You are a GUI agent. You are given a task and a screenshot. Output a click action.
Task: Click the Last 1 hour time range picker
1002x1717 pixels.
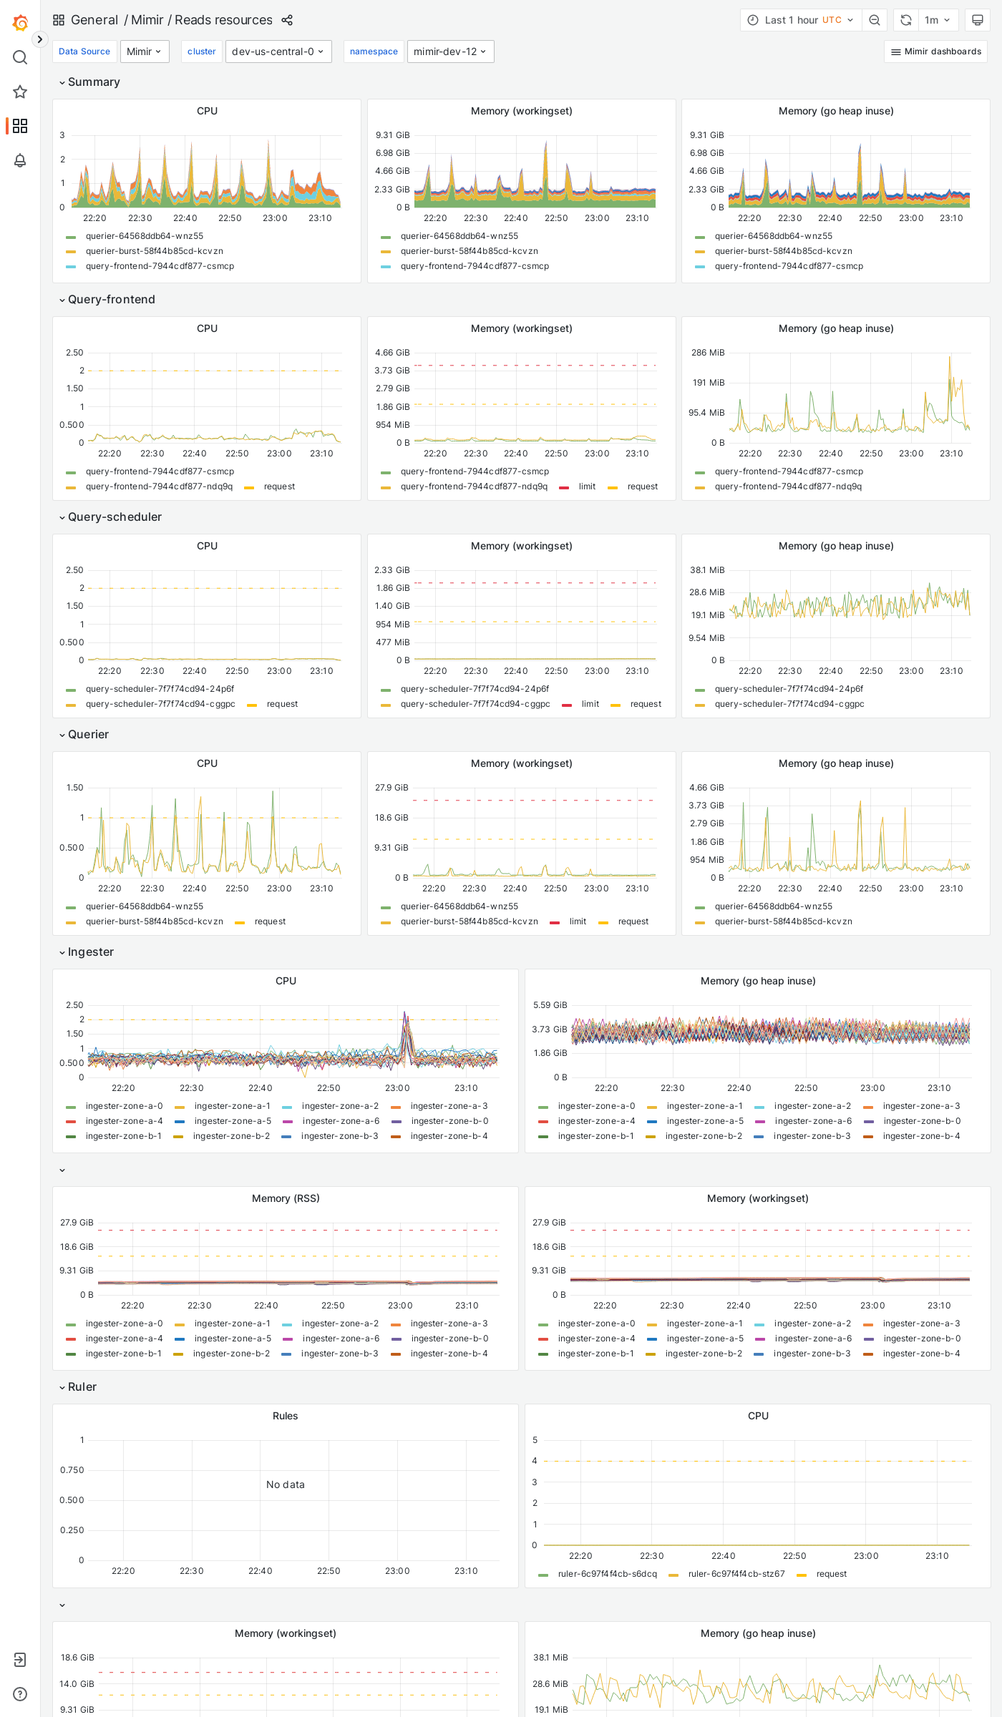800,20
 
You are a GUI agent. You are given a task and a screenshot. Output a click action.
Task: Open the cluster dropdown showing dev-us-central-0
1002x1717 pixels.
278,52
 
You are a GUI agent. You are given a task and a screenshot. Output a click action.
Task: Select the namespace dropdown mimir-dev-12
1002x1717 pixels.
450,52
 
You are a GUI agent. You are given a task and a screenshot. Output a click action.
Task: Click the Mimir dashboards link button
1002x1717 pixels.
935,52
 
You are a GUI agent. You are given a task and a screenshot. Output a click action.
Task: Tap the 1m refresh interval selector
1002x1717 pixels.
936,20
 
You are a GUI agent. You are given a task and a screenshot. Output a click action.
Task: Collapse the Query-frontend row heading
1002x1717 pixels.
111,299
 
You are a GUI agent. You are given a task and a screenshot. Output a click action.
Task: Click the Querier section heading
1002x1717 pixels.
88,734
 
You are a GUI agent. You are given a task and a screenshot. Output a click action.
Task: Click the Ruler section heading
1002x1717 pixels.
82,1386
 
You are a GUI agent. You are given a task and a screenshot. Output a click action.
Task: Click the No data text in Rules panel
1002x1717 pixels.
285,1484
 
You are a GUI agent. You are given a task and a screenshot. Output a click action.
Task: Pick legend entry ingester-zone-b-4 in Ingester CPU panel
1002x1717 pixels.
449,1136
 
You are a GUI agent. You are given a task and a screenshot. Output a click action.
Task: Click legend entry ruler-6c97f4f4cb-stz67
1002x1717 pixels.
736,1574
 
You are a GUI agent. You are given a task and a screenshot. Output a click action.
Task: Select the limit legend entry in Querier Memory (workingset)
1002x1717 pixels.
578,921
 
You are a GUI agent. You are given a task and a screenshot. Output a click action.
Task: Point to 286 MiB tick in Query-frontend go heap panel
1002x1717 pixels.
707,353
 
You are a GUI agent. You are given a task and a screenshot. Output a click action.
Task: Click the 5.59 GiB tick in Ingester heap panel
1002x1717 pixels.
550,1005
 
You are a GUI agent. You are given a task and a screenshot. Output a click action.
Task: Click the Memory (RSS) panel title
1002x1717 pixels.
285,1198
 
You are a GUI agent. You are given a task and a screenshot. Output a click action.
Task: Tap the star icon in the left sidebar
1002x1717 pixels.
20,92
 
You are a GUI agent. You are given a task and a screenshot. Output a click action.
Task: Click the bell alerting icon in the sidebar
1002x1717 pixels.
20,160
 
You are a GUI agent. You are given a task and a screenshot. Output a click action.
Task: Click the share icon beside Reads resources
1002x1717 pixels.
287,20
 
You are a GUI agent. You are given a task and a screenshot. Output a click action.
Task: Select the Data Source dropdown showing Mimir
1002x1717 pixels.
144,52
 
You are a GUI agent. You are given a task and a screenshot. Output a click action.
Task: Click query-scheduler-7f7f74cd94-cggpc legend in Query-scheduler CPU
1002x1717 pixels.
160,704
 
